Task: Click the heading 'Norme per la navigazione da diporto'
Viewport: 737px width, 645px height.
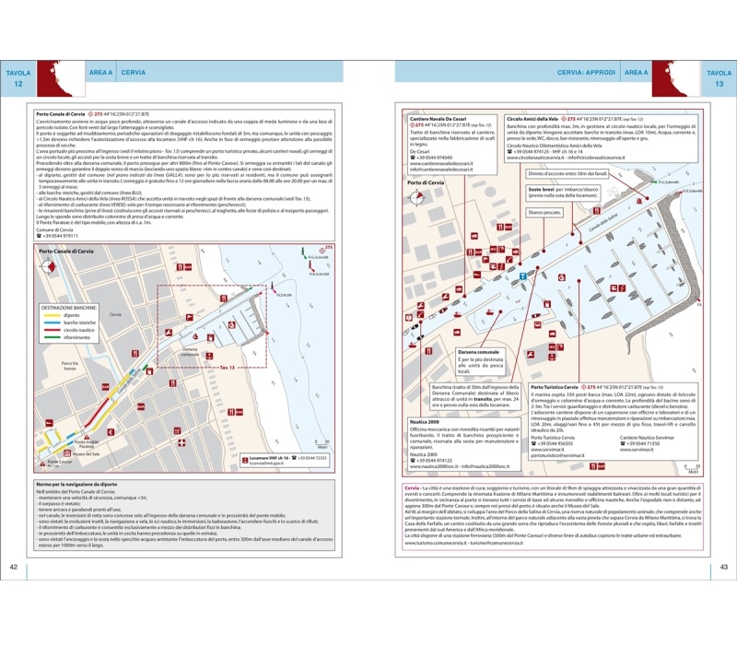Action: [x=76, y=484]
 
